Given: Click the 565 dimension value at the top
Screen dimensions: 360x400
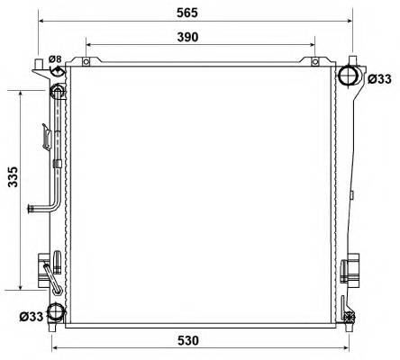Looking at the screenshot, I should click(x=194, y=13).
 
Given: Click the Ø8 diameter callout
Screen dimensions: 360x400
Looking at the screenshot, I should click(x=55, y=59).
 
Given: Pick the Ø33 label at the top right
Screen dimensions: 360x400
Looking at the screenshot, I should click(x=380, y=79).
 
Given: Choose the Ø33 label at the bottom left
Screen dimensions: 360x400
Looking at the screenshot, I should click(x=30, y=316).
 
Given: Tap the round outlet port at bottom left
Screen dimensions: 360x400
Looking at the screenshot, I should click(x=56, y=312).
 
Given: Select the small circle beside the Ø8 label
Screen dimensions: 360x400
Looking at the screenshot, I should click(x=56, y=75).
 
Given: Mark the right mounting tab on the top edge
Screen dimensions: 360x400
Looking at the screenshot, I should click(x=314, y=62).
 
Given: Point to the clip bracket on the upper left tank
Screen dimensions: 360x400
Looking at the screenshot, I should click(x=45, y=135).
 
